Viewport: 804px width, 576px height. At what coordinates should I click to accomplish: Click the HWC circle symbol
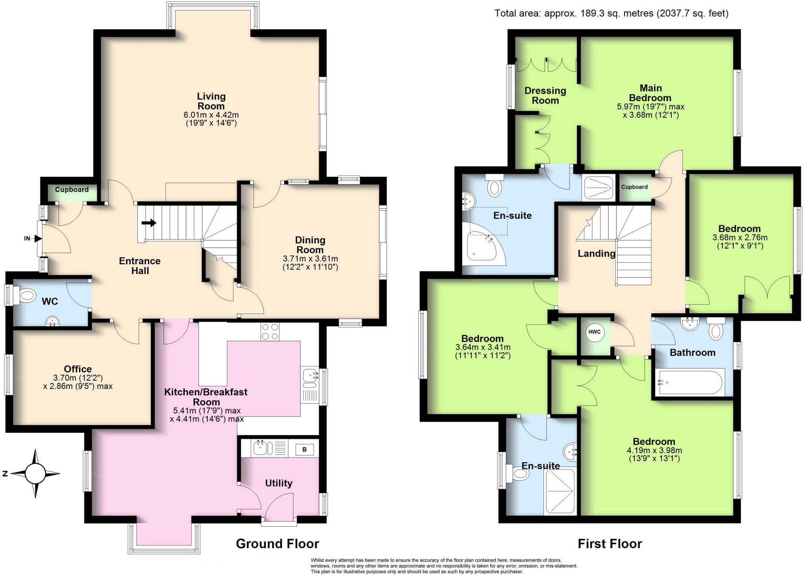[594, 332]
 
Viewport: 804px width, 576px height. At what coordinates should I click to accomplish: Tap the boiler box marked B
[304, 449]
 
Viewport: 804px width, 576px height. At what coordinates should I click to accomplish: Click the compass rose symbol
[35, 473]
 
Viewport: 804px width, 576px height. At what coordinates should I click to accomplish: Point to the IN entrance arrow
[38, 238]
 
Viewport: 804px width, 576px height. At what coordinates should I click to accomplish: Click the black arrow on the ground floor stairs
[148, 223]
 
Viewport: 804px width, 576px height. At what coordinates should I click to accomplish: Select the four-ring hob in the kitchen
[270, 331]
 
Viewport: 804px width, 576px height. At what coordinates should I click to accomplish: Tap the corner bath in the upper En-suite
[481, 245]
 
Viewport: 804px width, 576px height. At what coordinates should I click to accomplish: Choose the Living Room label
[211, 101]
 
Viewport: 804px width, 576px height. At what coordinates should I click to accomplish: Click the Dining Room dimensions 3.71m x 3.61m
[310, 259]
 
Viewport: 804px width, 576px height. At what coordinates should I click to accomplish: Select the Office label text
[78, 369]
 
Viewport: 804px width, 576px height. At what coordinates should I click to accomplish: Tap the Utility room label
[278, 483]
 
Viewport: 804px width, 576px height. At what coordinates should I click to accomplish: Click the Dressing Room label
[545, 95]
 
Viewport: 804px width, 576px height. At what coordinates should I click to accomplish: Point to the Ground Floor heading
[277, 543]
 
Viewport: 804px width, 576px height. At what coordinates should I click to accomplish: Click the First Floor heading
[609, 543]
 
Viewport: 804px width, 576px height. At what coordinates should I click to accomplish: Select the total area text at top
[611, 13]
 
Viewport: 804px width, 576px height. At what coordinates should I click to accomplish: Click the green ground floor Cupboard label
[71, 190]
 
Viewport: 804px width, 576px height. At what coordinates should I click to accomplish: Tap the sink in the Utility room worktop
[259, 447]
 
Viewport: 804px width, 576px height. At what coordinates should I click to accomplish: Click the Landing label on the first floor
[596, 253]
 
